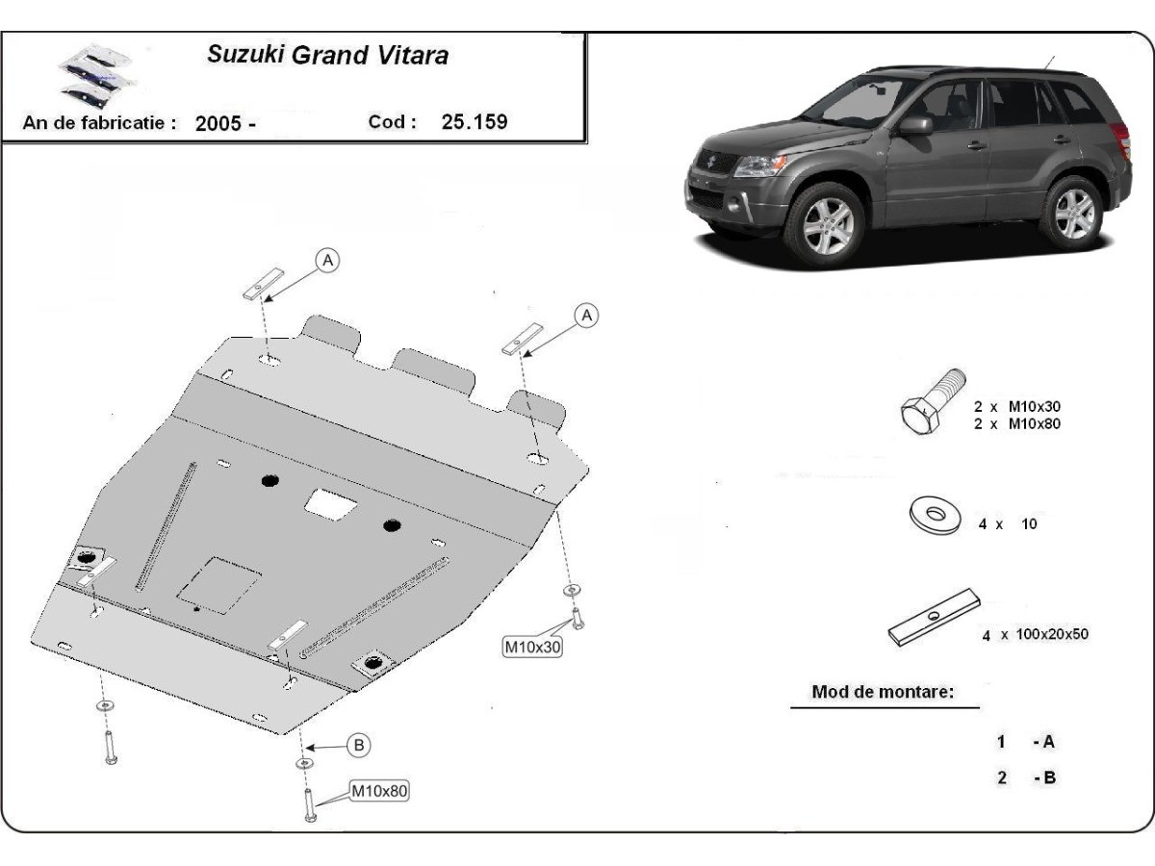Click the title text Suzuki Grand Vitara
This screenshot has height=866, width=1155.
pos(327,55)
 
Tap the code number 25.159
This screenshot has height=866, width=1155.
pos(475,122)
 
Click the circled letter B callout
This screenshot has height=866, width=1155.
pos(358,744)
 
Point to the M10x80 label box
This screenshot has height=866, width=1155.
pos(378,792)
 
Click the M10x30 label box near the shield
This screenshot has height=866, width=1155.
pos(532,648)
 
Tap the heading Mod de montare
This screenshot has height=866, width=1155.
pos(883,692)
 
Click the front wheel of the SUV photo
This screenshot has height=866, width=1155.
pos(824,222)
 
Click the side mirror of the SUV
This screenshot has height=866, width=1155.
pos(915,125)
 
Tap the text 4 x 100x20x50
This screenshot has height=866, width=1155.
pos(1035,634)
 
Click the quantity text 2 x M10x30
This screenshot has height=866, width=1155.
pos(1017,407)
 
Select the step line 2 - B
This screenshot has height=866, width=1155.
pos(1027,777)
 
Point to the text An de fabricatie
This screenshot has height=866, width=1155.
pos(100,123)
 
